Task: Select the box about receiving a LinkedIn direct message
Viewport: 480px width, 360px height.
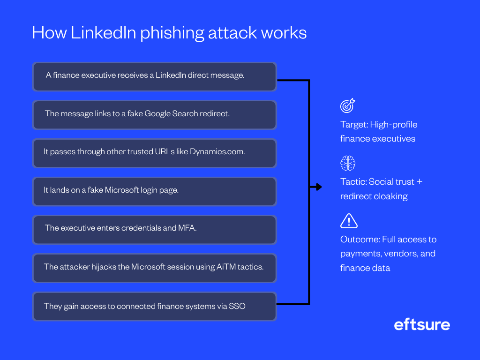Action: (154, 76)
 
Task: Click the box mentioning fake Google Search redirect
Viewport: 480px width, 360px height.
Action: (154, 115)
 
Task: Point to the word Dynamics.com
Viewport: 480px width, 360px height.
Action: (217, 152)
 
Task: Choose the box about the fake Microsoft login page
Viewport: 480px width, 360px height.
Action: (154, 191)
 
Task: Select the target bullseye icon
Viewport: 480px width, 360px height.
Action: (348, 105)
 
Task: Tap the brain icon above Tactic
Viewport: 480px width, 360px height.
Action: (348, 163)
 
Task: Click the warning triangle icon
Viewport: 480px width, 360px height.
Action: (349, 220)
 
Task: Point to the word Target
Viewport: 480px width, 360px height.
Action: (353, 125)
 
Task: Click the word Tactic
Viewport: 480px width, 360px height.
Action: (353, 182)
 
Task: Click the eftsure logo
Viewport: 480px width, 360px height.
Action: (422, 324)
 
